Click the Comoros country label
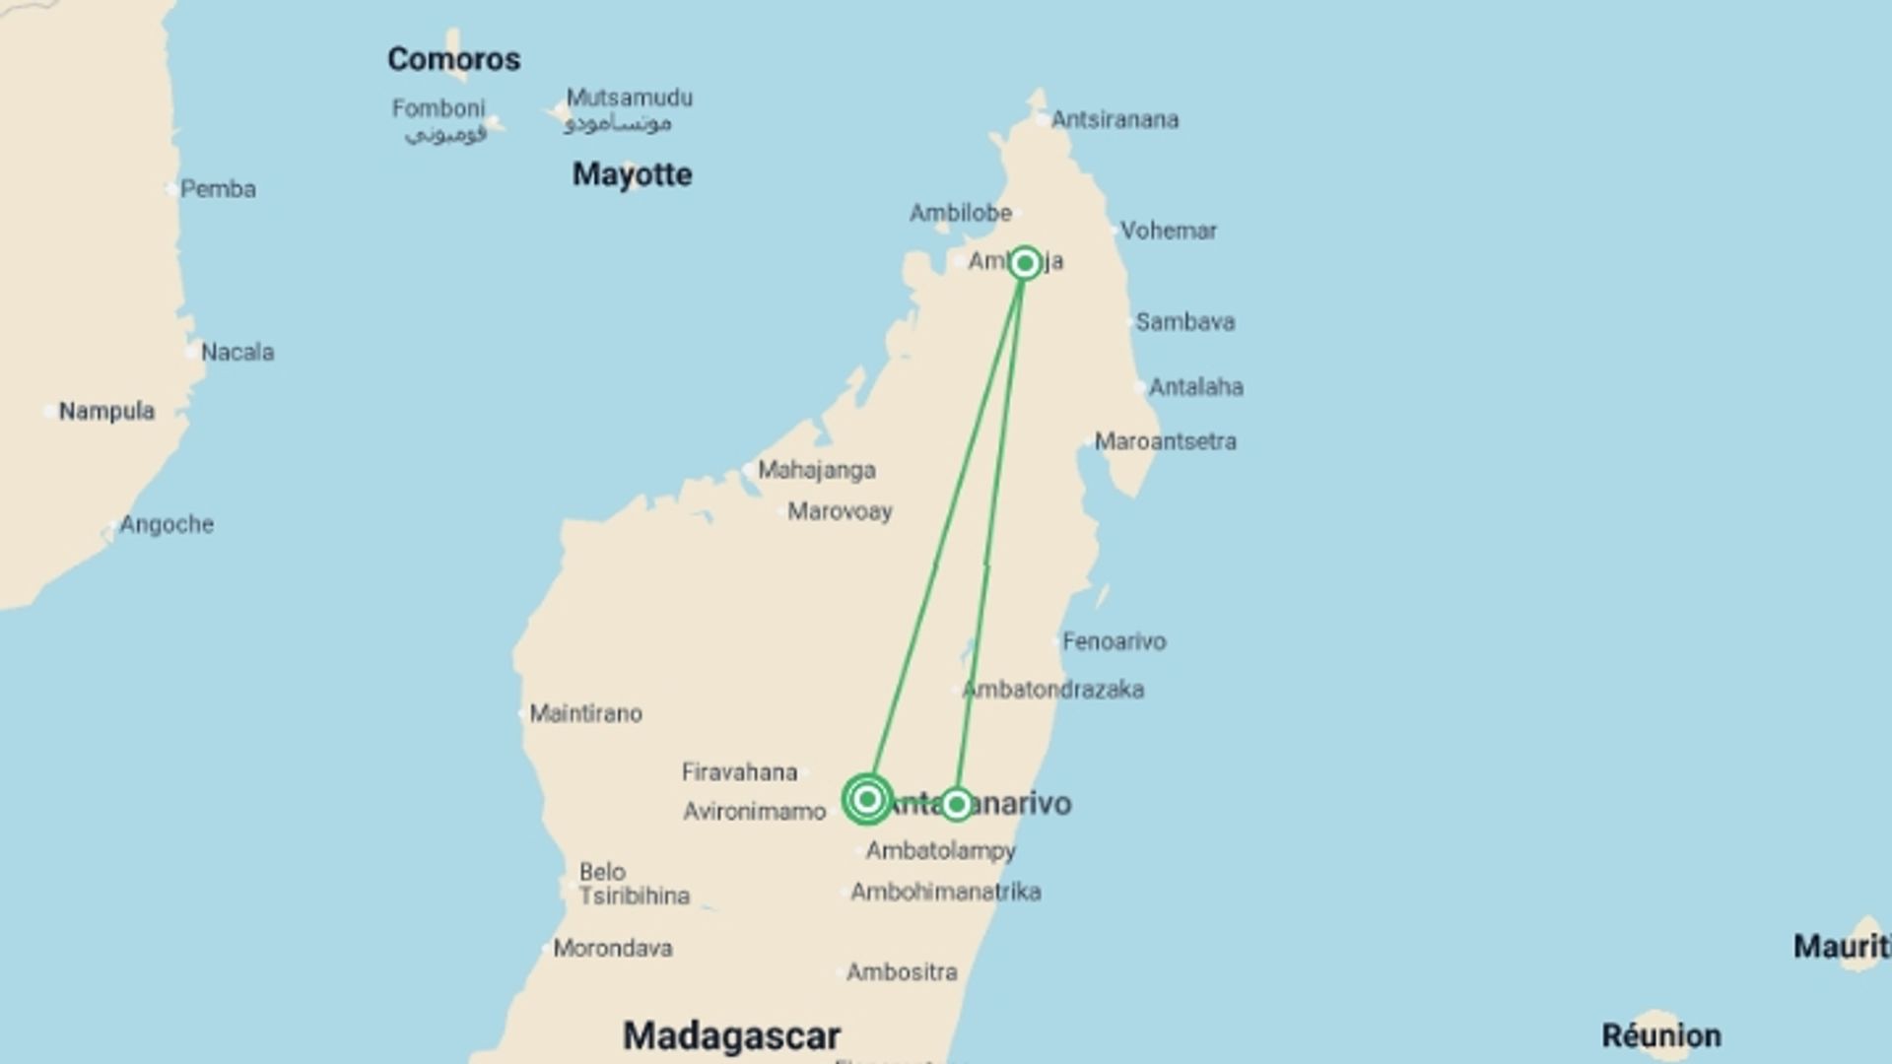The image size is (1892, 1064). (453, 59)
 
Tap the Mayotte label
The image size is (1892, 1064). (632, 174)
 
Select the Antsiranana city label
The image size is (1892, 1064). (1114, 120)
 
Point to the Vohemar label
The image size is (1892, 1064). (1168, 231)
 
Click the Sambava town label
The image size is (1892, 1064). (1184, 322)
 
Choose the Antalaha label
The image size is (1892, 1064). (1195, 387)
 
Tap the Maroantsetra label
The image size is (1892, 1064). (1165, 441)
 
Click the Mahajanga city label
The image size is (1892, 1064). (816, 470)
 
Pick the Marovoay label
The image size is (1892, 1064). (840, 511)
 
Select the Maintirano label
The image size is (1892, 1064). (585, 713)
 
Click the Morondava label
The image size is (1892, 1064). (612, 949)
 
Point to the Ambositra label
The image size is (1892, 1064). (902, 972)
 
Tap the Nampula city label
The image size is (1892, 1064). (106, 411)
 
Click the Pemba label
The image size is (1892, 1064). (218, 189)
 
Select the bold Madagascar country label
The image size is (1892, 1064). (731, 1035)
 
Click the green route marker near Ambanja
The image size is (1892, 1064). (1025, 263)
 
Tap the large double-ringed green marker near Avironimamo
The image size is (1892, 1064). (867, 799)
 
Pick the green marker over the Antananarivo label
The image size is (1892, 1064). (956, 805)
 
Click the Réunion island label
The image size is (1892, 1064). (1660, 1035)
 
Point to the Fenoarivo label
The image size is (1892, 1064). (1114, 641)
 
